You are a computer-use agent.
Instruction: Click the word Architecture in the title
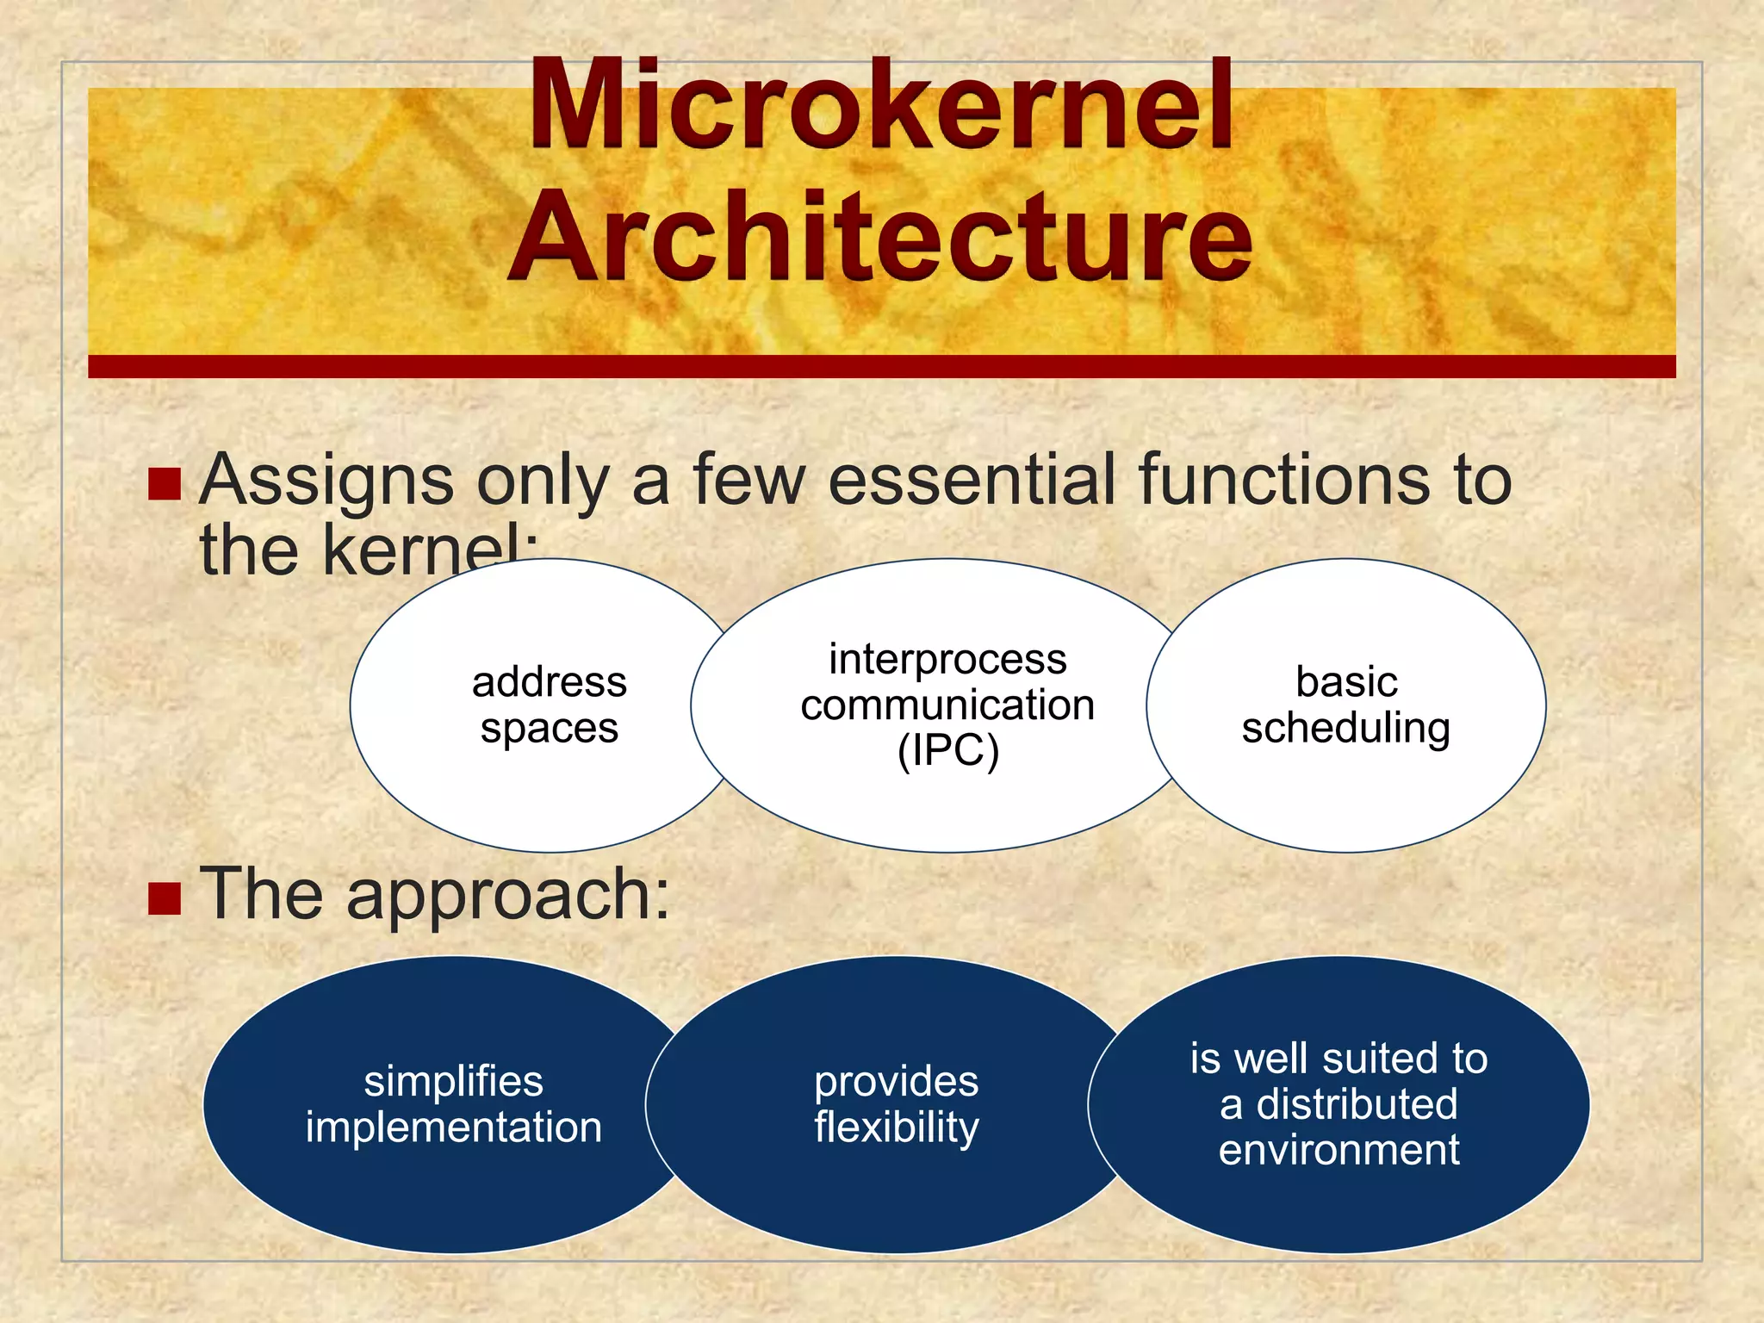[x=880, y=237]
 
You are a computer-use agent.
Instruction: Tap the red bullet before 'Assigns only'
[x=164, y=484]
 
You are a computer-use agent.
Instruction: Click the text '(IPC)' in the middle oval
[x=947, y=750]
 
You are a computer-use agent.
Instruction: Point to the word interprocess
[x=947, y=659]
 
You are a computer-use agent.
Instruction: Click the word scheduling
[x=1345, y=728]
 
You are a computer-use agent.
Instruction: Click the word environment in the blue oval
[x=1339, y=1150]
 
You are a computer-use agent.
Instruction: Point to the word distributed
[x=1357, y=1104]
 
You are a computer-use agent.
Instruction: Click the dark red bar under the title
[x=880, y=366]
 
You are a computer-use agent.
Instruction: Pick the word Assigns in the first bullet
[x=326, y=481]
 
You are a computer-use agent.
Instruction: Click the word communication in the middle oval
[x=947, y=705]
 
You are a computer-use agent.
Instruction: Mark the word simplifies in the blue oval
[x=453, y=1081]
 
